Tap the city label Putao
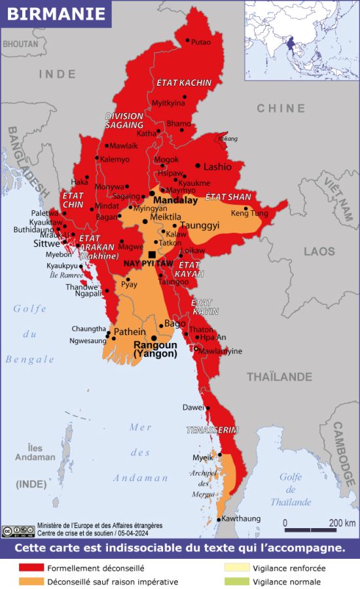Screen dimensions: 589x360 coord(201,42)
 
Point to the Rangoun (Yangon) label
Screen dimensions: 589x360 coord(155,349)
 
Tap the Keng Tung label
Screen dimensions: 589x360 coord(249,213)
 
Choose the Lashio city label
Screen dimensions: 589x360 coord(217,167)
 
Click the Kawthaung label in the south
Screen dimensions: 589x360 coord(240,518)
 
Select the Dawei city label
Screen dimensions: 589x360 coord(193,407)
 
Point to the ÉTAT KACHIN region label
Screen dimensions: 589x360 coord(184,83)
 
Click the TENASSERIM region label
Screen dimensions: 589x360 coord(212,430)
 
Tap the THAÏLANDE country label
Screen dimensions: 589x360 coord(279,376)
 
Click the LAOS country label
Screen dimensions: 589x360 coord(319,251)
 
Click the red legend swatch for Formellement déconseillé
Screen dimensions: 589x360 coord(31,568)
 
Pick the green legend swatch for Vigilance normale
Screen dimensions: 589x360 coord(237,581)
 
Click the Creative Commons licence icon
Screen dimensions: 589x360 coord(18,530)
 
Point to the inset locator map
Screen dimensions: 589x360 coord(302,40)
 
